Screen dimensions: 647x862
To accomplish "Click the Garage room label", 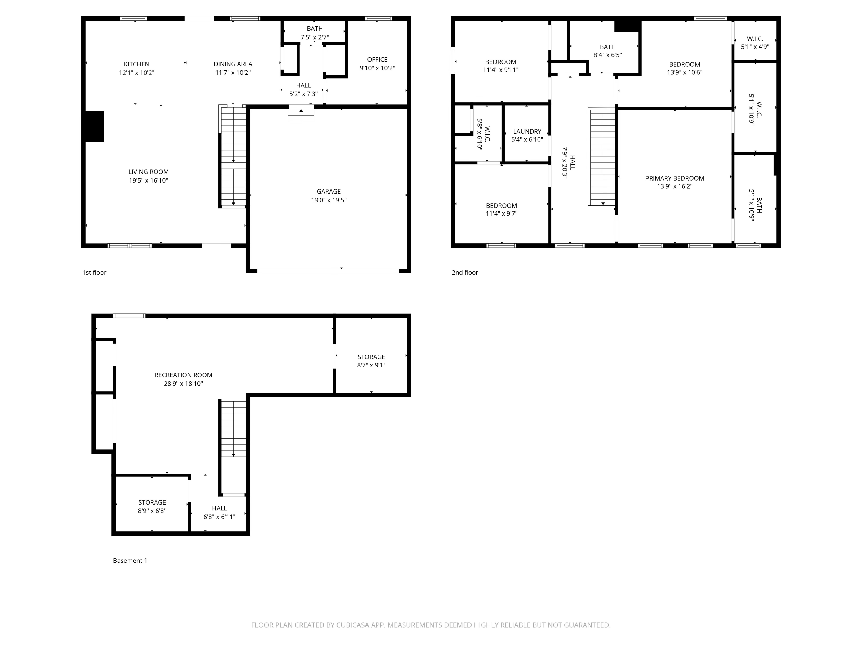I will [328, 192].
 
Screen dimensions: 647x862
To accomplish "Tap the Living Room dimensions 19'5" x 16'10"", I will [149, 181].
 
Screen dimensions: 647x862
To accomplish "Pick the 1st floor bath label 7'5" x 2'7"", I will [314, 37].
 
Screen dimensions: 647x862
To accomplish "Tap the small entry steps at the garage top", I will [301, 115].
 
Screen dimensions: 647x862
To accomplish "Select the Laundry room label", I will [527, 131].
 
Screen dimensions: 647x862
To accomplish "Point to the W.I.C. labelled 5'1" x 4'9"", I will [755, 43].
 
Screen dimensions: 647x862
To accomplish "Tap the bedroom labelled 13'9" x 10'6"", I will [684, 68].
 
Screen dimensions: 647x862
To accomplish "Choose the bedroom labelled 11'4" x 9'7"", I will [501, 209].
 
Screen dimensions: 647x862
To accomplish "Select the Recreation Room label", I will [183, 375].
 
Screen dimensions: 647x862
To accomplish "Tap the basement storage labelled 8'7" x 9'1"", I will [371, 361].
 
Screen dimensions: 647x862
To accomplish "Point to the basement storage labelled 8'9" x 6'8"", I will [152, 506].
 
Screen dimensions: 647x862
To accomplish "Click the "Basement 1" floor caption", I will [130, 560].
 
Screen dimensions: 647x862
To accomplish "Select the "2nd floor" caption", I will [465, 273].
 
